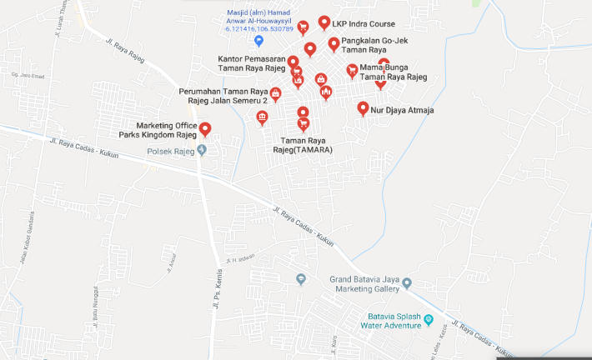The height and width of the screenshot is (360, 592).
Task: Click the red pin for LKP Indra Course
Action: click(x=324, y=22)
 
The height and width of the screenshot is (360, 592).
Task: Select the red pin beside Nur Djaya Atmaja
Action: click(x=363, y=107)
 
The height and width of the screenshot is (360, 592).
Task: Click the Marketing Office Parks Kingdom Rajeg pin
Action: click(x=204, y=128)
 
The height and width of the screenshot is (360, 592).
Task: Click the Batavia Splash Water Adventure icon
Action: click(x=429, y=319)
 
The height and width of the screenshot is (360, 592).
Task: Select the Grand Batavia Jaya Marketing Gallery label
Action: click(x=367, y=284)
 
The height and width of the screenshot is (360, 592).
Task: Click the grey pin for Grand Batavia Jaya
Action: click(x=407, y=283)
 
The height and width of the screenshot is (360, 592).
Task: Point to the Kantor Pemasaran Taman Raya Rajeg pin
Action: click(x=293, y=62)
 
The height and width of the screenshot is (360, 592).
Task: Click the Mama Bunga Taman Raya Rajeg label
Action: click(x=393, y=72)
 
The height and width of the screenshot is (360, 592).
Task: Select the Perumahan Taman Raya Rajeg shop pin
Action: click(x=275, y=94)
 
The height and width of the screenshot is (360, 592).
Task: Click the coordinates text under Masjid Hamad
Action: click(x=259, y=29)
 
